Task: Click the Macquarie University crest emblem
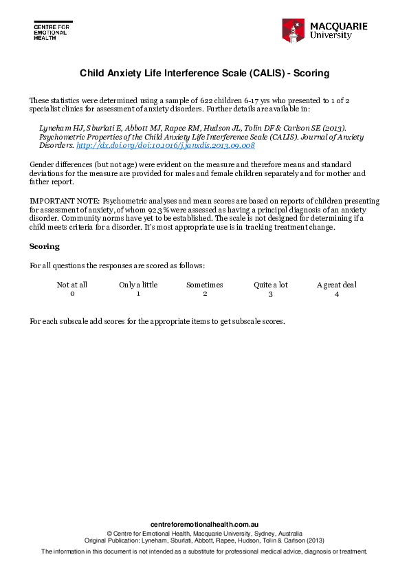(x=293, y=30)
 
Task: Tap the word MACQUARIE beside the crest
(x=338, y=26)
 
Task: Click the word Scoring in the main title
(x=312, y=72)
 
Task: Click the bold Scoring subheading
(x=44, y=246)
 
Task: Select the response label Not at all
(x=71, y=285)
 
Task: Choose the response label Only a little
(x=138, y=285)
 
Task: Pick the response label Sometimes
(x=205, y=285)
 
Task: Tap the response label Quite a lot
(x=270, y=285)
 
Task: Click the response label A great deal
(x=337, y=285)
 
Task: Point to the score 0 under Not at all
(x=71, y=294)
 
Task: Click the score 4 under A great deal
(x=337, y=294)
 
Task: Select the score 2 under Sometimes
(x=205, y=294)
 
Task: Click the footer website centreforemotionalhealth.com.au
(x=204, y=524)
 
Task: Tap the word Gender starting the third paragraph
(x=42, y=165)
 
